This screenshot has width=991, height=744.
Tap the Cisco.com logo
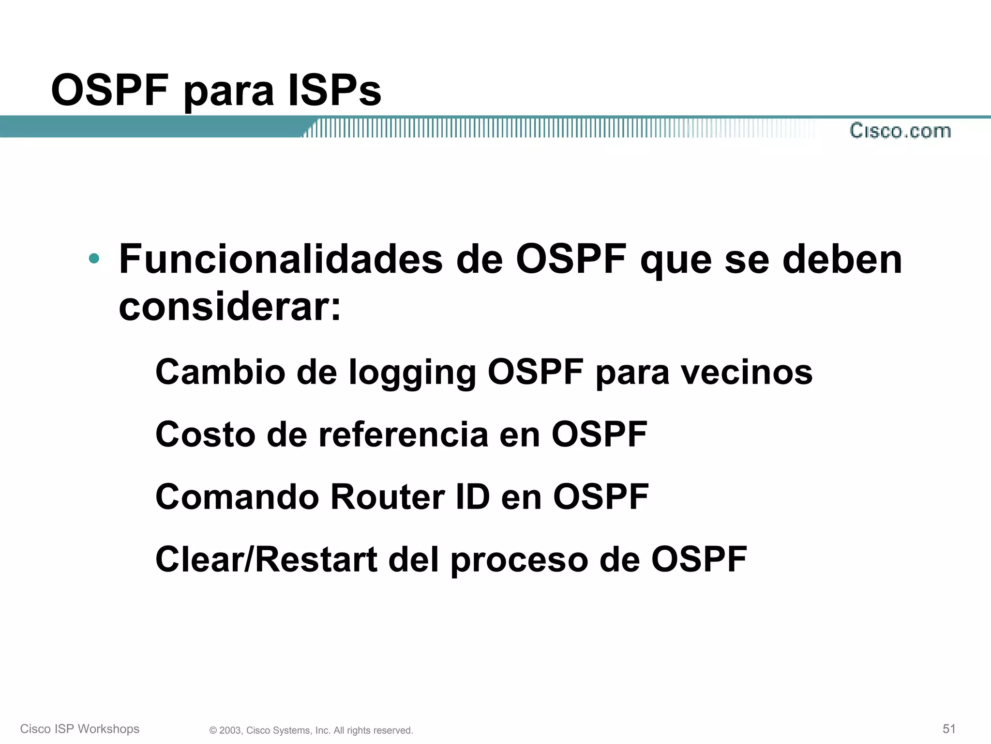click(900, 131)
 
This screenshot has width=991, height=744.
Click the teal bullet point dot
click(94, 258)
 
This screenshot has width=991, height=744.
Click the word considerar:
click(230, 308)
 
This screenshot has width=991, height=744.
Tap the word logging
click(412, 374)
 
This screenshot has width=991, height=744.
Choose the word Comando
click(237, 497)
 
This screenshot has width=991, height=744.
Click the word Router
click(387, 497)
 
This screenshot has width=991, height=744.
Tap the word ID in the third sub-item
click(472, 497)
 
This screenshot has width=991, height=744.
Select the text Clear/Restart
click(266, 559)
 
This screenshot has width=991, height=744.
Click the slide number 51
click(949, 728)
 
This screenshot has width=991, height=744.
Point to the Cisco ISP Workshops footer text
click(80, 729)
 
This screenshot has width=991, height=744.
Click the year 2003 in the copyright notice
click(230, 730)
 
